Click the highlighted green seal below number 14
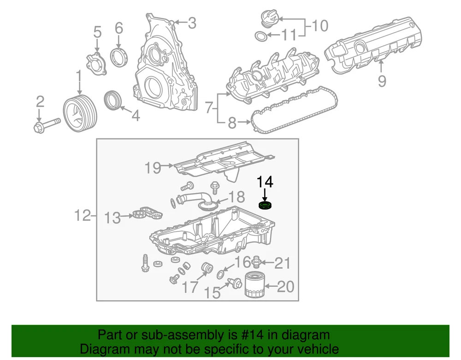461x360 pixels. (265, 205)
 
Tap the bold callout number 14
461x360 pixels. (265, 182)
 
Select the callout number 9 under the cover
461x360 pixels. (382, 81)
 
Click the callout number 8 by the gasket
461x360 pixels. (232, 123)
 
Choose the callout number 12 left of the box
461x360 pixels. (83, 215)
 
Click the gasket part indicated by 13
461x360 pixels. (148, 214)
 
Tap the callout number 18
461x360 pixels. (236, 197)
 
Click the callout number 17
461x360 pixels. (189, 288)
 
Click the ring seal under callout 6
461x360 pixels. (119, 58)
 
